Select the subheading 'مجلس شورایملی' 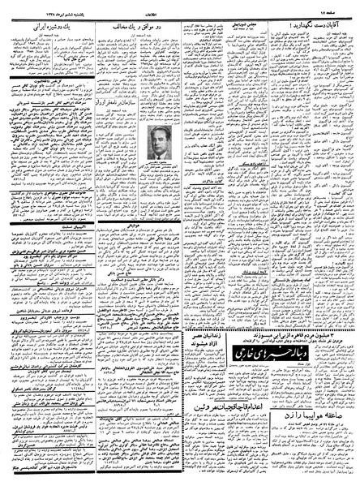point(243,25)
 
